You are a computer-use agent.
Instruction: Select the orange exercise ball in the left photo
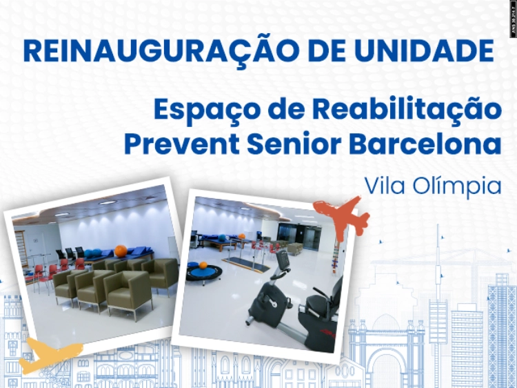pos(121,251)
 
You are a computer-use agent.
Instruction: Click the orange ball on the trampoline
pos(203,264)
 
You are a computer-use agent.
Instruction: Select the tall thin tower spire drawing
pos(436,276)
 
